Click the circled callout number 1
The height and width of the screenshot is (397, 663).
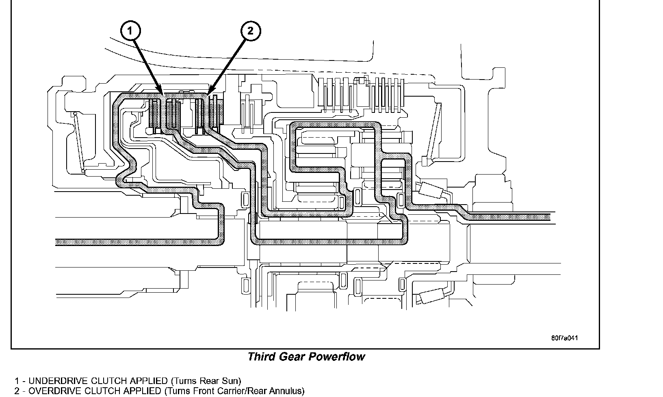130,31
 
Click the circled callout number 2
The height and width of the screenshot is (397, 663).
250,31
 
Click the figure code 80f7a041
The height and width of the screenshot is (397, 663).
564,338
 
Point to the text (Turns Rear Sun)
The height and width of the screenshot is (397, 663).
206,381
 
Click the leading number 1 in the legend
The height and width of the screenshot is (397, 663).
17,381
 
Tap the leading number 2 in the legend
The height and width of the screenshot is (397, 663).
17,391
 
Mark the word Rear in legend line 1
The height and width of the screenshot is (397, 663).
210,381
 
